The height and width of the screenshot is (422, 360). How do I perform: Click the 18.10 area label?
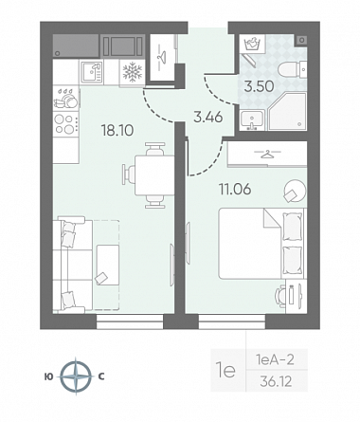(117, 130)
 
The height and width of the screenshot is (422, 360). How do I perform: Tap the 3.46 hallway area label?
(208, 118)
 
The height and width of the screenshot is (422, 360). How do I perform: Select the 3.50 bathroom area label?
(259, 86)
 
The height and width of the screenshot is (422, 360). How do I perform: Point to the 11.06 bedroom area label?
(235, 190)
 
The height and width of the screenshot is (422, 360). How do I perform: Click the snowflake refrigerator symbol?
(132, 72)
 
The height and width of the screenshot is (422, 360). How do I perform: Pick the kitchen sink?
(91, 72)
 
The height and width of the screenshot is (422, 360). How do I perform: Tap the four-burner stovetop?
(65, 124)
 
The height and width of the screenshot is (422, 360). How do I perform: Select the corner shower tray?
(287, 111)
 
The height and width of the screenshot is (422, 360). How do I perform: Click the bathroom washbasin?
(252, 120)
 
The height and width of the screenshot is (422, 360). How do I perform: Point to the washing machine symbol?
(252, 44)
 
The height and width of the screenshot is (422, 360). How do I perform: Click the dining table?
(154, 175)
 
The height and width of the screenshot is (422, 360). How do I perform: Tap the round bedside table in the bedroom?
(295, 191)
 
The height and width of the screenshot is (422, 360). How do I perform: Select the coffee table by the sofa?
(108, 266)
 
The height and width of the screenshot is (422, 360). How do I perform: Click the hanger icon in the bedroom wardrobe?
(267, 155)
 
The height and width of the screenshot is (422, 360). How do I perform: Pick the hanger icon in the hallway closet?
(162, 57)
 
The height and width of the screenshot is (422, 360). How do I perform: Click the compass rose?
(76, 376)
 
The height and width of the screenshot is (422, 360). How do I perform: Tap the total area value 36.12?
(276, 382)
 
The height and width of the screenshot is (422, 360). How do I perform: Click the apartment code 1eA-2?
(275, 359)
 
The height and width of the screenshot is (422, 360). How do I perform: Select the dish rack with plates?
(65, 98)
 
